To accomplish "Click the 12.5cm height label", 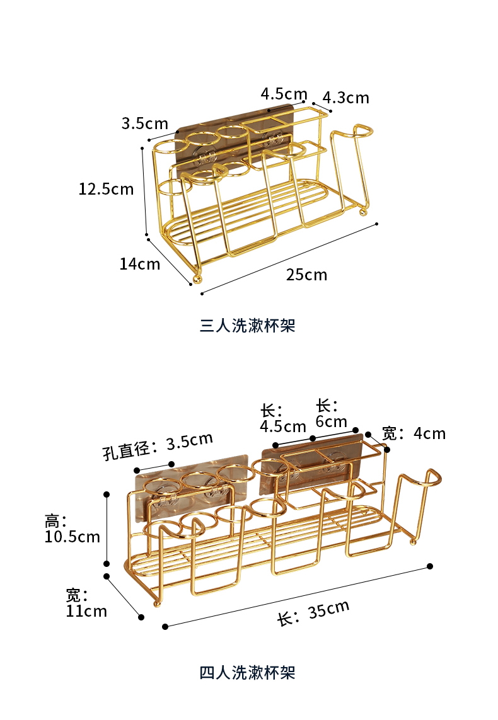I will pos(106,188).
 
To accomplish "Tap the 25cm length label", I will pos(306,275).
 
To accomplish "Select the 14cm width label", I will pos(140,263).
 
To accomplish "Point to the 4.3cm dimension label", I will pos(345,98).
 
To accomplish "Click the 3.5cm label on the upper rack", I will pos(145,123).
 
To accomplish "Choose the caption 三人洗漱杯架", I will pos(248,326).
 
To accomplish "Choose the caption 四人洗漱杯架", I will pos(248,672).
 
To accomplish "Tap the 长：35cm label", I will pos(313,613).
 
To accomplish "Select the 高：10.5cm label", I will pos(72,529).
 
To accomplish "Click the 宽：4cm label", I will pos(414,433).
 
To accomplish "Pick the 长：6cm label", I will pos(331,413).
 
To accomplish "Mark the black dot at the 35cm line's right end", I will pos(430,566).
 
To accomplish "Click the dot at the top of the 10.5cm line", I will pos(107,494).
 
